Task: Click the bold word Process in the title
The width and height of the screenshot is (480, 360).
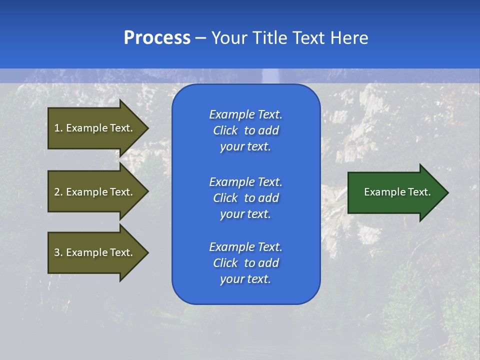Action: pos(157,38)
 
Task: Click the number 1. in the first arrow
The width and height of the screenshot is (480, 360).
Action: pos(58,128)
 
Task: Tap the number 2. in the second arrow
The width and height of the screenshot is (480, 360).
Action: pos(58,192)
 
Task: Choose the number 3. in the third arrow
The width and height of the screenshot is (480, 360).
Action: pos(58,252)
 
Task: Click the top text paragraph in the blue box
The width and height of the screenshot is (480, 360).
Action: pos(245,130)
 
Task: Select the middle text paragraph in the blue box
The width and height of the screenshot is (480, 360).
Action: pos(245,198)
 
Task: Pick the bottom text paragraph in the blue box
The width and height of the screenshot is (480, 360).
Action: pos(245,263)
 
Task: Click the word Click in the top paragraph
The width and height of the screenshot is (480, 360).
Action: pos(225,130)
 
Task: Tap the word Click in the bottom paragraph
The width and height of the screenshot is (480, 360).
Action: pos(225,263)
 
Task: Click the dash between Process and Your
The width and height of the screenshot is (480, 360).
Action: pos(200,38)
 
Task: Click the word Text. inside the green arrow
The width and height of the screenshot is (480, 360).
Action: pos(418,192)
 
